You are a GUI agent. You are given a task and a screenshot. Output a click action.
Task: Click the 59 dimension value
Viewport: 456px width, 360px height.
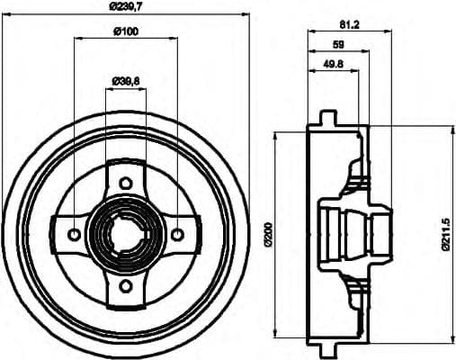point(338,44)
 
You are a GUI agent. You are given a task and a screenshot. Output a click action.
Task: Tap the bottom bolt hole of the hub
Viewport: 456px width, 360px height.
point(125,288)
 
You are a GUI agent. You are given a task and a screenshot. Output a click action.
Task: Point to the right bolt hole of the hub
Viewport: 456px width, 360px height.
point(177,236)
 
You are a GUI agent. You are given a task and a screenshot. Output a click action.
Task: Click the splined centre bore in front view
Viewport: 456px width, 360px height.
point(125,236)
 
